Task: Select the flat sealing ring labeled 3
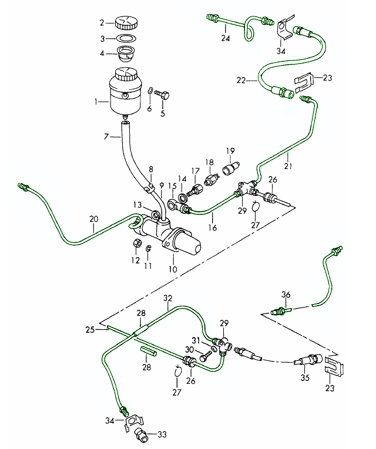[x=124, y=39]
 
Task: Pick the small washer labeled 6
[x=151, y=91]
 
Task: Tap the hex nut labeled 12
[x=135, y=244]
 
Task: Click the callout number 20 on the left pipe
[x=92, y=220]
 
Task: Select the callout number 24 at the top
[x=224, y=39]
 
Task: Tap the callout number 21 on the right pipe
[x=288, y=157]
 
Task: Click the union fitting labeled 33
[x=141, y=434]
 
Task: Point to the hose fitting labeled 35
[x=307, y=359]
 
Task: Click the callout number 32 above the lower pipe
[x=168, y=298]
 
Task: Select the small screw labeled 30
[x=204, y=356]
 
